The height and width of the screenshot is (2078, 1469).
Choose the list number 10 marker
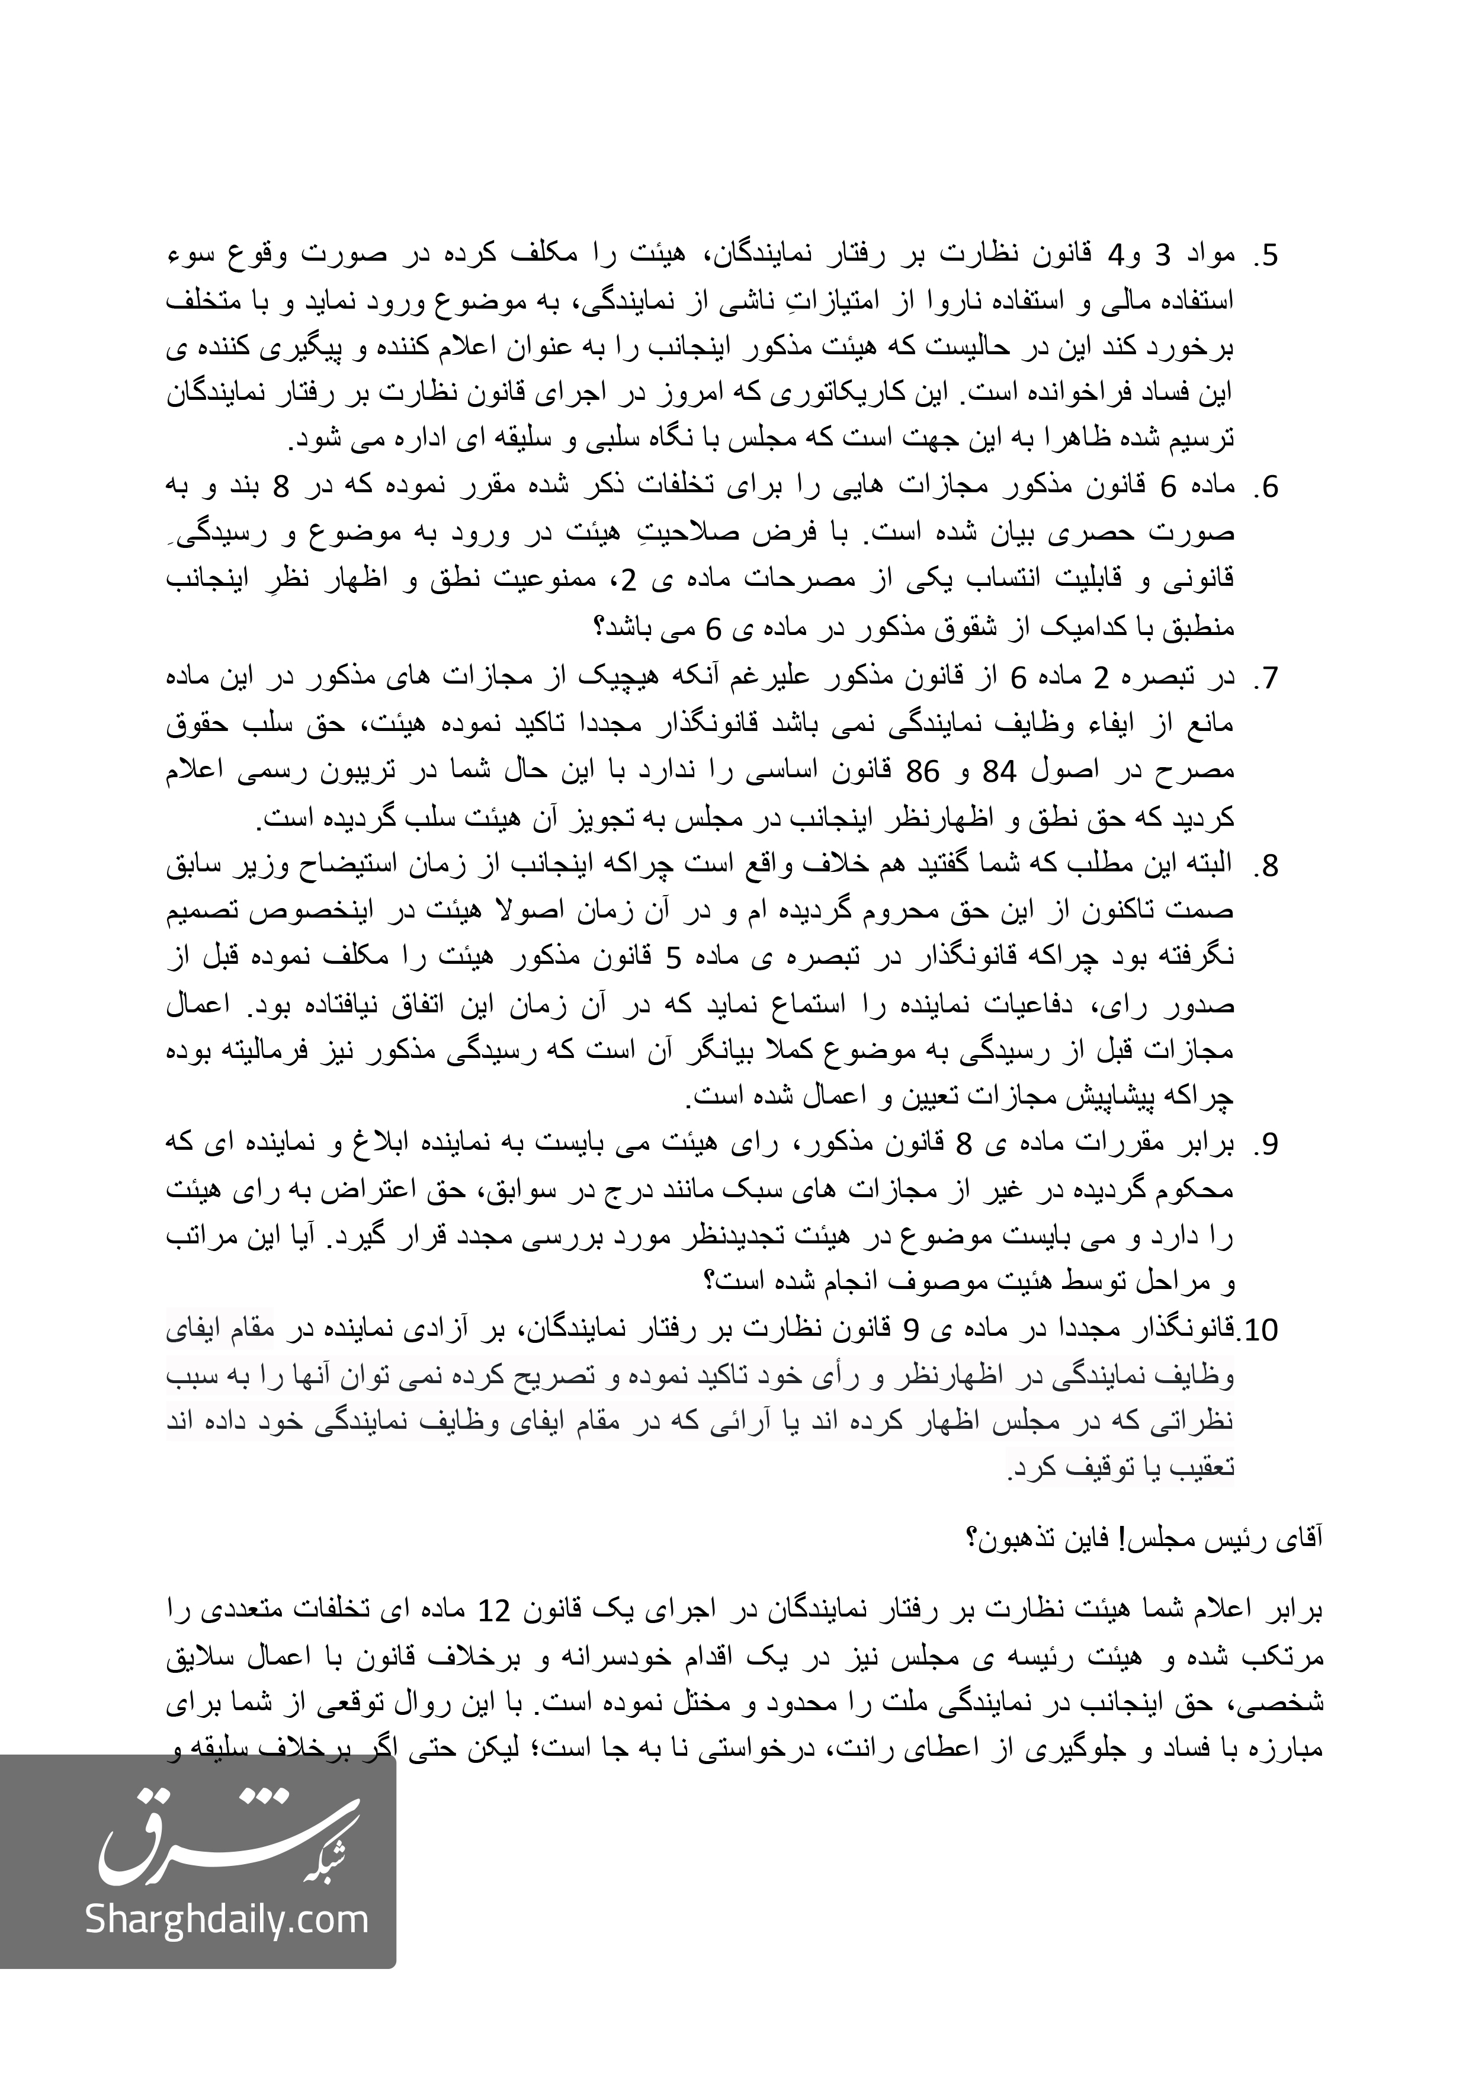click(1259, 1330)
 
